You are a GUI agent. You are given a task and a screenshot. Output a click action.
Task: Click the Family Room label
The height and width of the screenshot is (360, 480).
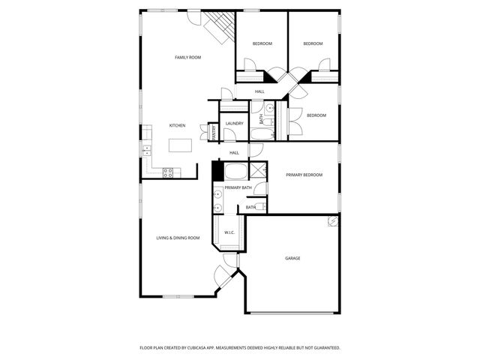[187, 57]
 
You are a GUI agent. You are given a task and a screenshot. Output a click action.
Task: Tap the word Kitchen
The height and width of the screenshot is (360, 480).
[177, 125]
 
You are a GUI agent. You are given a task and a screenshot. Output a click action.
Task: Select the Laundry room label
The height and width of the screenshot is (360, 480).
[234, 123]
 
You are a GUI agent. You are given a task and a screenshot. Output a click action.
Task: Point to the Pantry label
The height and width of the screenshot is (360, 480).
[214, 133]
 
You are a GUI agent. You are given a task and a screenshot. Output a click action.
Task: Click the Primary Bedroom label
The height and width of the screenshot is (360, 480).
[304, 175]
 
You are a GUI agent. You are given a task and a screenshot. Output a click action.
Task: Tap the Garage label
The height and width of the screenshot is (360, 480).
[292, 258]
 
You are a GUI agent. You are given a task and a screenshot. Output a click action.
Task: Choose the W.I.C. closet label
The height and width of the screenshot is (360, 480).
[229, 232]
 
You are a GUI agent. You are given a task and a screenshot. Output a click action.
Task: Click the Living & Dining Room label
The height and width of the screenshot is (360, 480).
[178, 238]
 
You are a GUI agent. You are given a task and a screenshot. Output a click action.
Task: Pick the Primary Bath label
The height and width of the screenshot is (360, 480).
[237, 187]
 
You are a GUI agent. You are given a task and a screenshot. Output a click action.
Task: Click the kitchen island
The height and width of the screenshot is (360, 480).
[177, 145]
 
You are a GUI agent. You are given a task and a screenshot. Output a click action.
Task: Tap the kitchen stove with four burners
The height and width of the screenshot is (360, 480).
[169, 172]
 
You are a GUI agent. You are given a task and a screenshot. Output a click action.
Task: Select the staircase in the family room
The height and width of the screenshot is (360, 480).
[219, 28]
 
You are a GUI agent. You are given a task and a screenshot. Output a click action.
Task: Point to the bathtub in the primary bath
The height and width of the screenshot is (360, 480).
[235, 170]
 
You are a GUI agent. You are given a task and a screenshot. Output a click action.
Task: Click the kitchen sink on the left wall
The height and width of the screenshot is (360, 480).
[147, 150]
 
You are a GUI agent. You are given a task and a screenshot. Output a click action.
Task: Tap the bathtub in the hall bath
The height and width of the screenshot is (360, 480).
[262, 135]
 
